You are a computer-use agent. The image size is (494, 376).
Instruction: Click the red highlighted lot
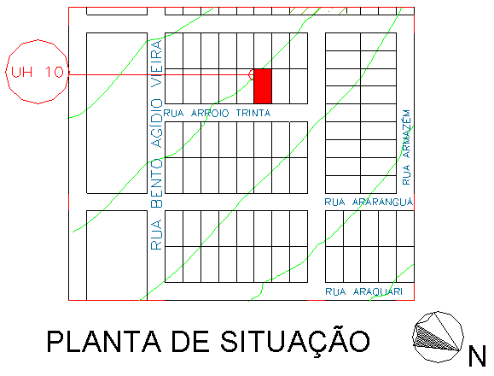point(263,86)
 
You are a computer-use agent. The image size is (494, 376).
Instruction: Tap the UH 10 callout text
point(38,73)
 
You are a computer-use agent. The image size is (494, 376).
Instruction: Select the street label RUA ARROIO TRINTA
point(217,113)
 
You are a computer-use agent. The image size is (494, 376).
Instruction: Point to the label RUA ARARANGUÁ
point(369,202)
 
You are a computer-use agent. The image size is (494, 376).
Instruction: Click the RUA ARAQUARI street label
point(363,291)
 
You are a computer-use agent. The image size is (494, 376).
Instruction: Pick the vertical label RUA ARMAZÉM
point(406,147)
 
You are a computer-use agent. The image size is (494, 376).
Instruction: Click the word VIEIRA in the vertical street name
point(157,63)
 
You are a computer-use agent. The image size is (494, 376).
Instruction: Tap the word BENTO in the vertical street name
point(157,183)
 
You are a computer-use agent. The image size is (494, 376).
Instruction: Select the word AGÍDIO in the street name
point(157,123)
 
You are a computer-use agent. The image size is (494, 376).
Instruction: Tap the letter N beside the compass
point(477,355)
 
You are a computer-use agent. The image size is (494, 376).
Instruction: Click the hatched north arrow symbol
point(439,337)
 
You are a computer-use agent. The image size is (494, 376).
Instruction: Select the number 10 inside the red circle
point(55,73)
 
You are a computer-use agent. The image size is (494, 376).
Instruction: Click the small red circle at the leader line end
point(251,74)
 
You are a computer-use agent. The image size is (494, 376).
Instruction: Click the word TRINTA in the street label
point(253,113)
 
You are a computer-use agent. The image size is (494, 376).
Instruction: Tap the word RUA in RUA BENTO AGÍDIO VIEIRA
point(157,234)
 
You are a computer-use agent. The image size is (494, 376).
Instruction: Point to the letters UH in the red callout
point(21,73)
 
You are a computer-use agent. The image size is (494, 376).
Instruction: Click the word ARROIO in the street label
point(210,113)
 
